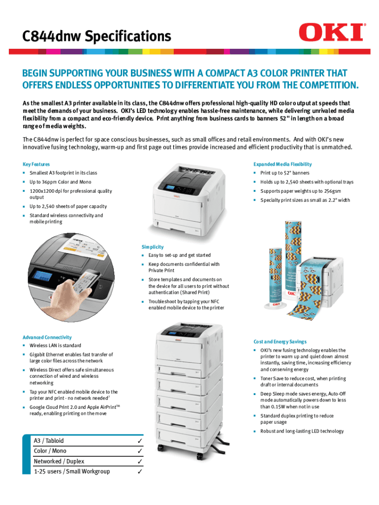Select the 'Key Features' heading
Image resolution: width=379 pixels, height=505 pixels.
(x=36, y=164)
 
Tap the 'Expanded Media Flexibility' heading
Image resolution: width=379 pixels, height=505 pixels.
(x=282, y=164)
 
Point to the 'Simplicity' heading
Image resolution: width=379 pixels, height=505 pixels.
(x=153, y=247)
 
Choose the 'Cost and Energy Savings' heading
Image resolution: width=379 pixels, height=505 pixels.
(x=280, y=341)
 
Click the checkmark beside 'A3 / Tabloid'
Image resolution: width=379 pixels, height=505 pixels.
(x=140, y=441)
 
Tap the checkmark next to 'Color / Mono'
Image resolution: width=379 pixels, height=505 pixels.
(x=140, y=451)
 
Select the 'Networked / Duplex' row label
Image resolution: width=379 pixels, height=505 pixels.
(x=59, y=461)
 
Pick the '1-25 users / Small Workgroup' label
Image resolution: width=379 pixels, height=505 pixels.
(x=72, y=471)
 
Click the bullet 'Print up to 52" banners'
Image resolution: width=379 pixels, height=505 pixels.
(x=285, y=173)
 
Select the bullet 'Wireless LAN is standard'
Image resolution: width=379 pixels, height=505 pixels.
(x=55, y=346)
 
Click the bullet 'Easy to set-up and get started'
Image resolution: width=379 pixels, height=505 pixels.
(x=180, y=255)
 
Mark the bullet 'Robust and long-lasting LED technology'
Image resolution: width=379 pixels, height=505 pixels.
(x=301, y=431)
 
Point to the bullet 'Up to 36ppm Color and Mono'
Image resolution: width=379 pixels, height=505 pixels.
(x=61, y=182)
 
